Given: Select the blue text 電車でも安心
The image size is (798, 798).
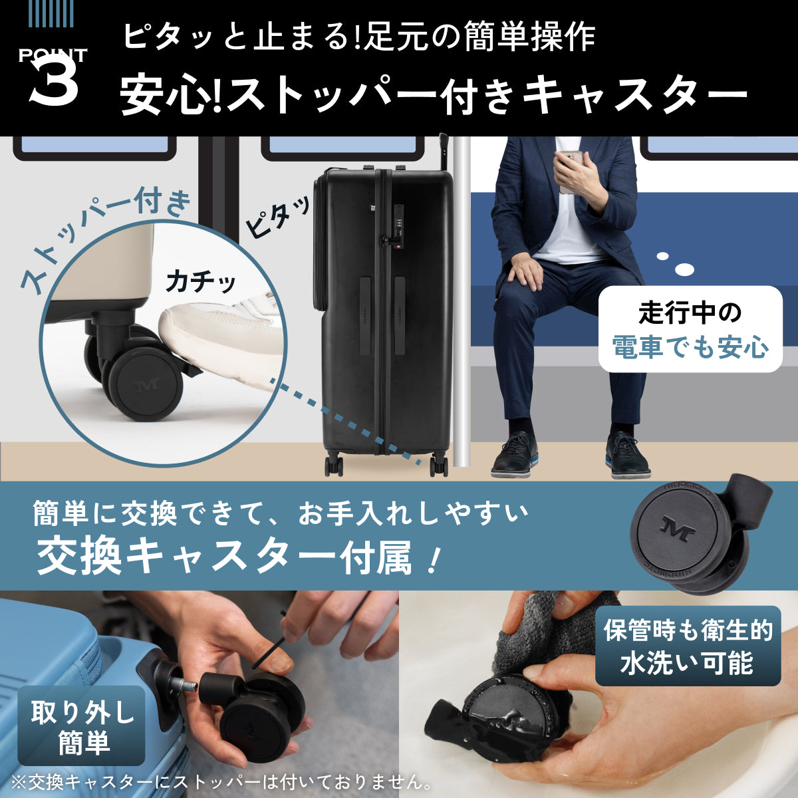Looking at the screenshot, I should [690, 347].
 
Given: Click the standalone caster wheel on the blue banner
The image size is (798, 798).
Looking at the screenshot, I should [692, 532].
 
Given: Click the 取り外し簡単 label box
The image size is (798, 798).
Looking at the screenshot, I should [82, 726].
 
